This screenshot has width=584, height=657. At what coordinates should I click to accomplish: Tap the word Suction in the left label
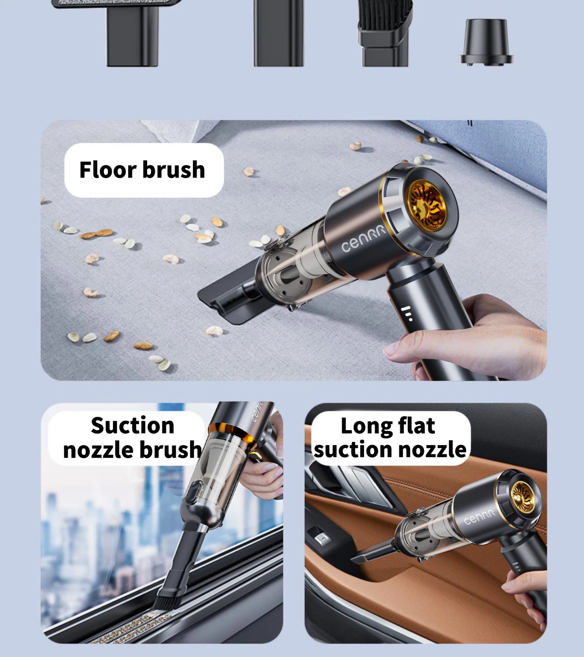point(133,426)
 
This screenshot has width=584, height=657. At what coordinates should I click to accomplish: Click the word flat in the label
point(416,426)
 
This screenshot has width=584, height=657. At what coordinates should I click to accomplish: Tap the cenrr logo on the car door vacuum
point(479,516)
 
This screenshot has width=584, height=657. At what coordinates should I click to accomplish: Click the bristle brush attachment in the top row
point(385,32)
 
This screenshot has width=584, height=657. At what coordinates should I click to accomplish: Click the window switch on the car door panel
point(322,537)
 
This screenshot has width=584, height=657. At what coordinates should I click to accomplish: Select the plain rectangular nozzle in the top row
point(278,32)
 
